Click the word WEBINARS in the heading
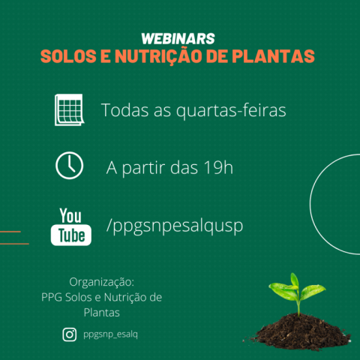pyautogui.click(x=178, y=39)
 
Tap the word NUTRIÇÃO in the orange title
pyautogui.click(x=158, y=56)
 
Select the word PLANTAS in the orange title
pyautogui.click(x=273, y=56)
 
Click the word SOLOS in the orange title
pyautogui.click(x=68, y=56)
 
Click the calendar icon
pyautogui.click(x=69, y=109)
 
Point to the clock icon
pyautogui.click(x=69, y=166)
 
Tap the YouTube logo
pyautogui.click(x=71, y=226)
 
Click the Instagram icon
pyautogui.click(x=70, y=334)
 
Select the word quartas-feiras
pyautogui.click(x=231, y=110)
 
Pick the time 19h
pyautogui.click(x=218, y=167)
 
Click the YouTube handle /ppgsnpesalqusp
pyautogui.click(x=175, y=226)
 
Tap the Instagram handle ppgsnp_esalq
pyautogui.click(x=110, y=334)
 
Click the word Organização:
pyautogui.click(x=102, y=283)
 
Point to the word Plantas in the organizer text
pyautogui.click(x=102, y=313)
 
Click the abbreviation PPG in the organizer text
pyautogui.click(x=52, y=297)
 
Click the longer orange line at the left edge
pyautogui.click(x=14, y=244)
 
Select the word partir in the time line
pyautogui.click(x=144, y=168)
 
